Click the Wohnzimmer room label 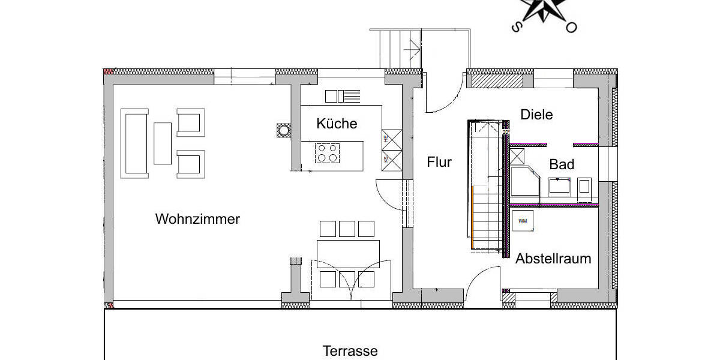coord(197,219)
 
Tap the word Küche coord(337,124)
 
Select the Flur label coord(439,161)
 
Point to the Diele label coord(536,115)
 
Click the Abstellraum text coord(553,259)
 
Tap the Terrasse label coord(350,351)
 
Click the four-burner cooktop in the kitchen coord(328,153)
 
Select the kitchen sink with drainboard coord(343,96)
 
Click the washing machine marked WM coord(522,221)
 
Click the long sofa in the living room coord(134,143)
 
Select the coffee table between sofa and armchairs coord(163,143)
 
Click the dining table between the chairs coord(348,254)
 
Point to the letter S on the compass coord(515,27)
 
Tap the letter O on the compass coord(572,27)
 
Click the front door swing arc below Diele coord(444,102)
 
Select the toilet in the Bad coord(585,187)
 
